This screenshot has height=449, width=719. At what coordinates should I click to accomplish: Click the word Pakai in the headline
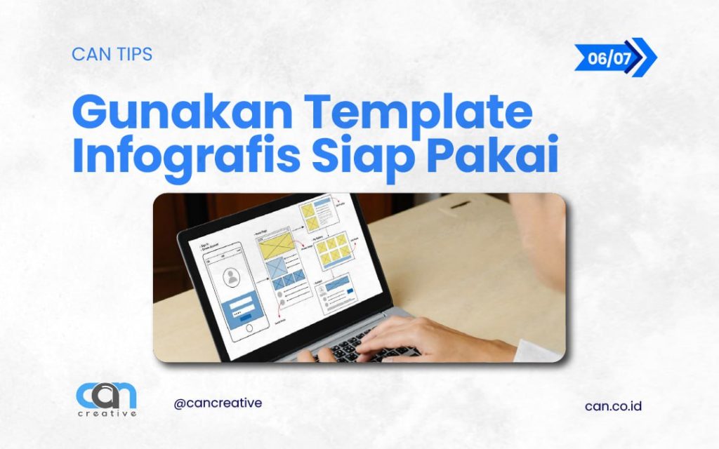(492, 157)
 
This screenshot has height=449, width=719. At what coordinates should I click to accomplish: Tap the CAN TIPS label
(112, 54)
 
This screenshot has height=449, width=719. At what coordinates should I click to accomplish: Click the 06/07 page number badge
(610, 58)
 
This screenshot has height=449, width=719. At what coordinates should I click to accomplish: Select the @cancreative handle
(218, 403)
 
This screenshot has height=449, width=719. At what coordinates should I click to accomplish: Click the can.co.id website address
(613, 406)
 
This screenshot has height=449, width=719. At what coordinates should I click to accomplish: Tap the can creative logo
(106, 397)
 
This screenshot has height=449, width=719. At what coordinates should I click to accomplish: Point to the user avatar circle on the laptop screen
(232, 278)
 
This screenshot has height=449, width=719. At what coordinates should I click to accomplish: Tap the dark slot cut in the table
(461, 204)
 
